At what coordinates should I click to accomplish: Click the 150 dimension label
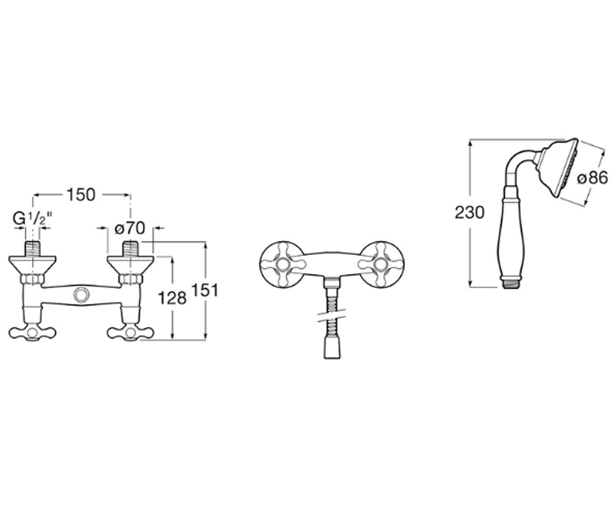[x=82, y=195]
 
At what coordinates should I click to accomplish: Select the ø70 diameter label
[x=130, y=228]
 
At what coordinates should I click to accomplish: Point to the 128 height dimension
[x=172, y=298]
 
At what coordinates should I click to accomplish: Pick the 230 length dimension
[x=469, y=212]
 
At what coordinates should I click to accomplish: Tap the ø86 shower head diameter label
[x=593, y=178]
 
